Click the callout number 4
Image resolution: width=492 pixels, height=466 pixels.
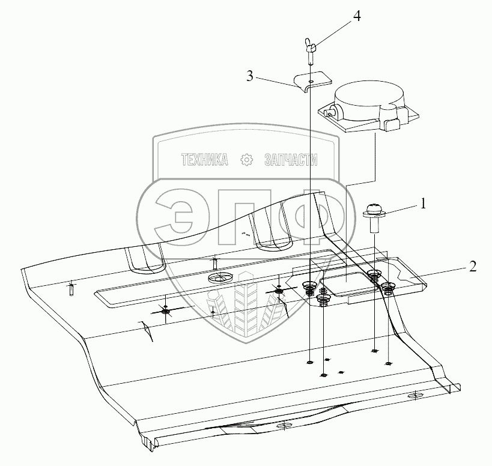pyautogui.click(x=357, y=16)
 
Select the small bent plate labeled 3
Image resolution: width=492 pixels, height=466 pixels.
pyautogui.click(x=313, y=80)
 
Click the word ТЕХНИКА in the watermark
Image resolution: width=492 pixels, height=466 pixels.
pyautogui.click(x=205, y=160)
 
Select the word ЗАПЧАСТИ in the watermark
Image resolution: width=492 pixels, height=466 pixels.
pyautogui.click(x=291, y=160)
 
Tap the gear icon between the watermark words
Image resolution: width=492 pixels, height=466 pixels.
pyautogui.click(x=246, y=160)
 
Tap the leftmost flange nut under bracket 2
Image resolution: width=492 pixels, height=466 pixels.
pyautogui.click(x=310, y=286)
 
